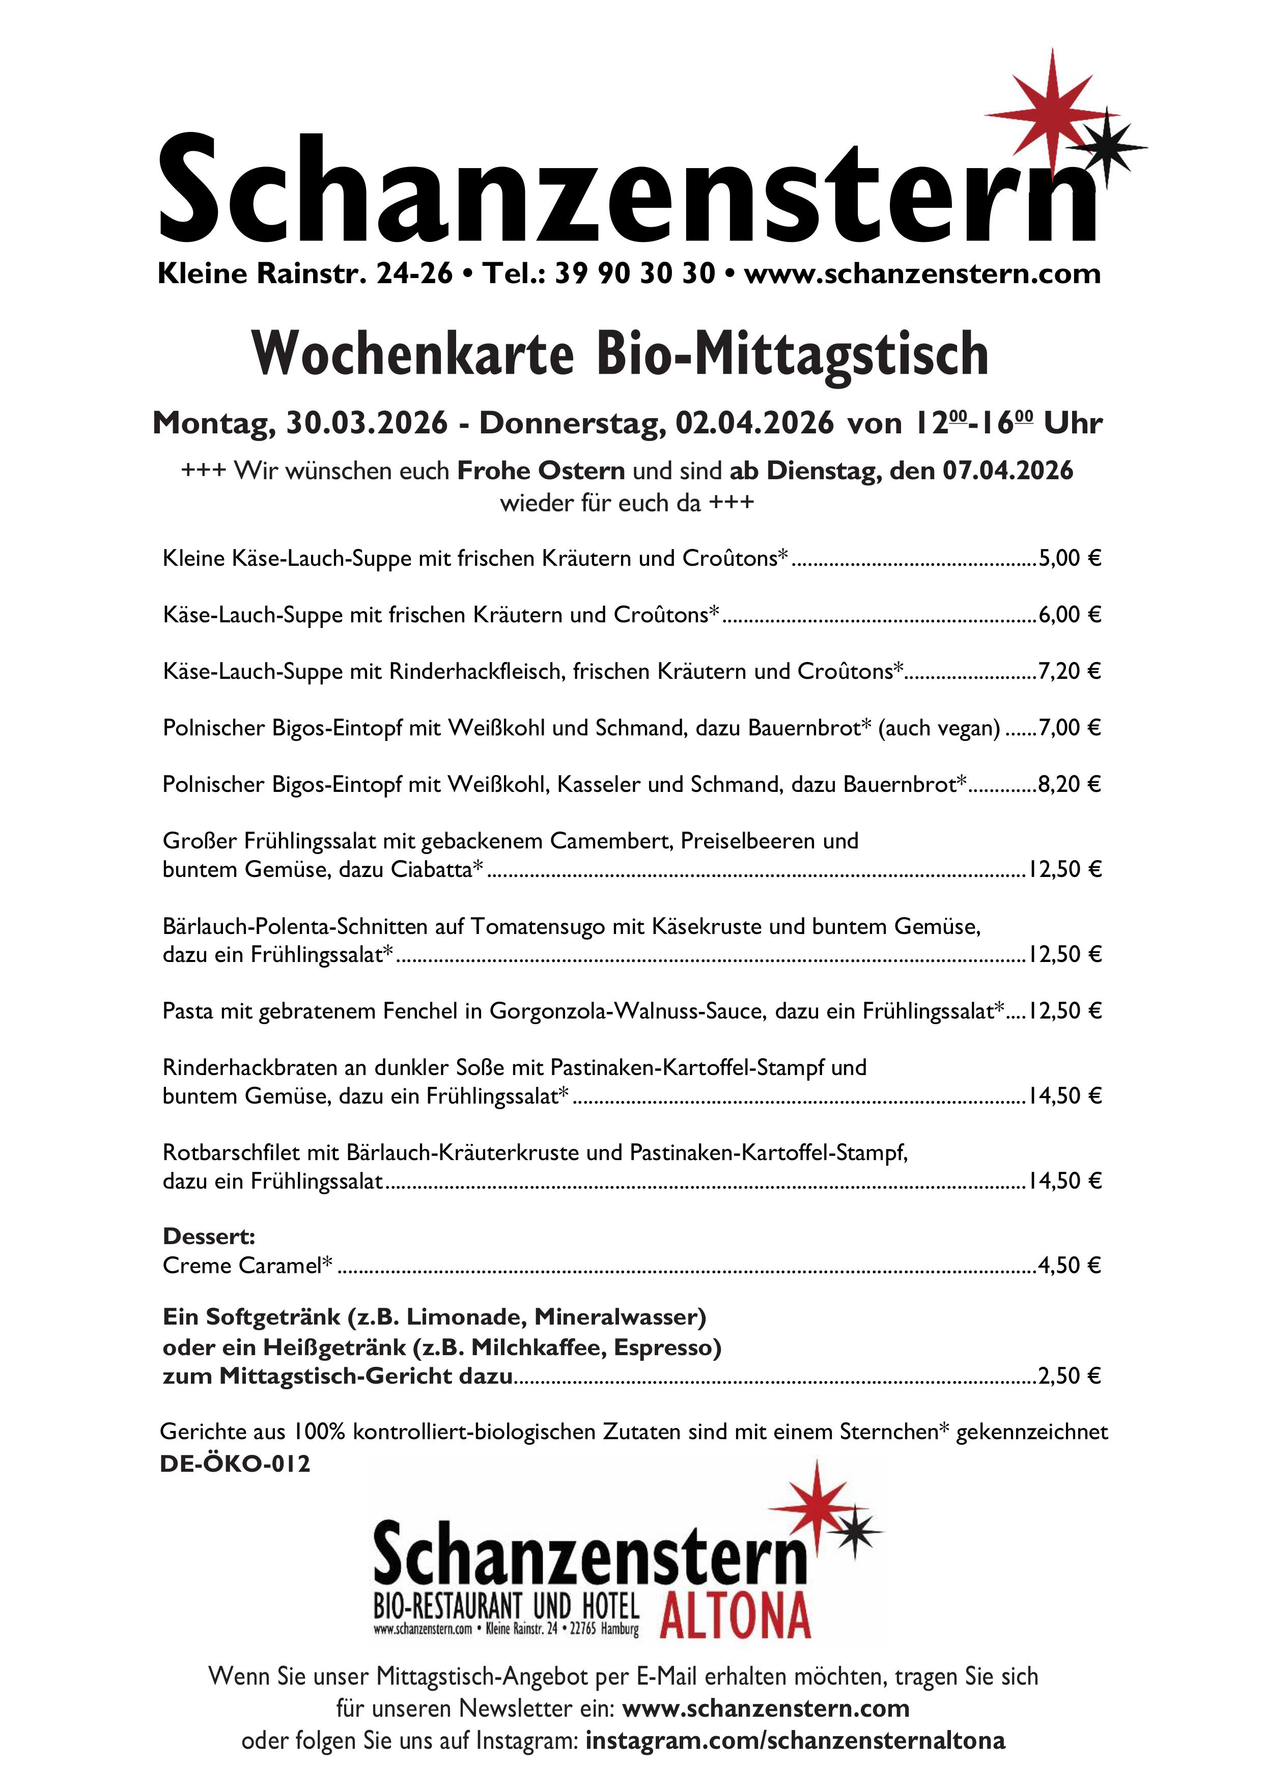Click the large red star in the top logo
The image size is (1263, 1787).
(1052, 115)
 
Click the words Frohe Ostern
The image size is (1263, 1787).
(541, 471)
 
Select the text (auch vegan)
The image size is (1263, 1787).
(939, 728)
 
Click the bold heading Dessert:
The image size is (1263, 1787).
(209, 1236)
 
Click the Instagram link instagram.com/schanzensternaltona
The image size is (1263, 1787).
(795, 1740)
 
